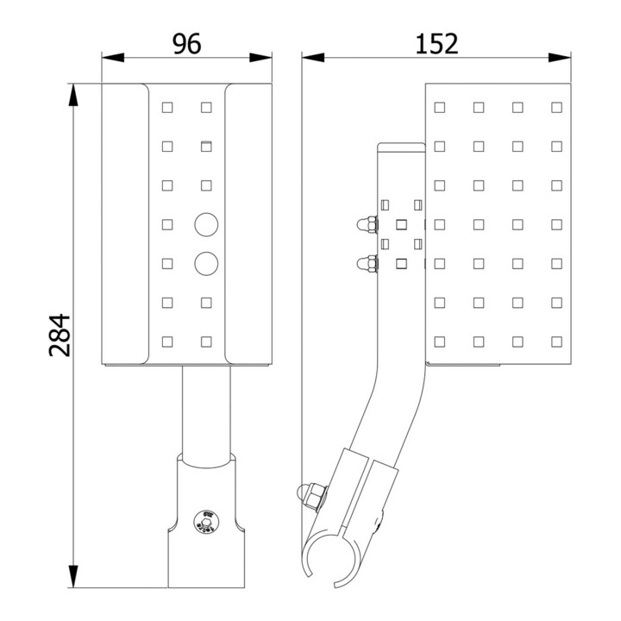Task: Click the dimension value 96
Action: tap(187, 44)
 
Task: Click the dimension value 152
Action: tap(436, 44)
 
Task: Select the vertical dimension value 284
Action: tap(60, 335)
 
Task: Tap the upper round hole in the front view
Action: tap(206, 224)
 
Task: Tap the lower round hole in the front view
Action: tap(206, 263)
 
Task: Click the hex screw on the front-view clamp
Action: tap(206, 522)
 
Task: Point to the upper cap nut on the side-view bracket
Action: tap(367, 224)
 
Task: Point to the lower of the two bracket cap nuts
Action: tap(367, 263)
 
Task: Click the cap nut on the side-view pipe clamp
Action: tap(311, 496)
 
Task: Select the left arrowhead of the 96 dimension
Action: tap(113, 58)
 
